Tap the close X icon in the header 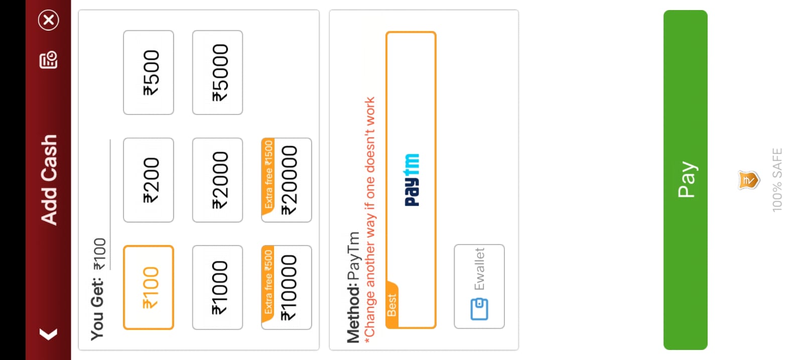(49, 20)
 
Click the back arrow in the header (48, 334)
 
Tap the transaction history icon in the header (49, 60)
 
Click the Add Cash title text (49, 179)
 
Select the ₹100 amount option (149, 287)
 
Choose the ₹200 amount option (149, 180)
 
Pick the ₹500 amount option (149, 72)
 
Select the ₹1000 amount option (217, 287)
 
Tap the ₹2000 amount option (217, 180)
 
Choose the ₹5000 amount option (217, 72)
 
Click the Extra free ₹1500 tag (269, 175)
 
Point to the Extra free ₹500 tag (269, 282)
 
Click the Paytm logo (412, 180)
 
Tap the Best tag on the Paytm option (391, 305)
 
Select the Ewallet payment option (479, 286)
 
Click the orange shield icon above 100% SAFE (748, 180)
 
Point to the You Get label (97, 309)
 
